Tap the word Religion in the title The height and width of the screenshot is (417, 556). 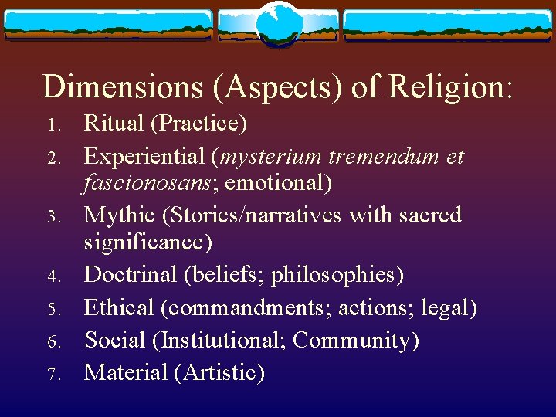(x=450, y=86)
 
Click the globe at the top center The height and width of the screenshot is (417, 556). (x=278, y=22)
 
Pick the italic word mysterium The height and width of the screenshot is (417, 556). (x=272, y=157)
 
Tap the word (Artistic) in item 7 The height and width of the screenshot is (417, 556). (x=219, y=372)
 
